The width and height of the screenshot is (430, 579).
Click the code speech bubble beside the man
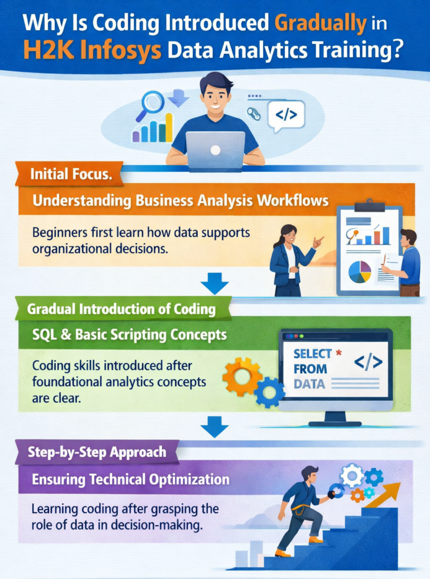286,115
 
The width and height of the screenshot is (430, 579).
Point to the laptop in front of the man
215,150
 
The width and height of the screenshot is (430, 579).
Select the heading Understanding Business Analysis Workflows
180,200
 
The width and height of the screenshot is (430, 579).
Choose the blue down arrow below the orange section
215,283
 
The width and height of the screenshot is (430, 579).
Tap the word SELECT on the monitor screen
312,355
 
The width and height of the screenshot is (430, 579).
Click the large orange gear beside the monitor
242,375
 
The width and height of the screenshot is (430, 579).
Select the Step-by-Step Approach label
98,452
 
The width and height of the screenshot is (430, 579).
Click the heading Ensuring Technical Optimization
131,479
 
